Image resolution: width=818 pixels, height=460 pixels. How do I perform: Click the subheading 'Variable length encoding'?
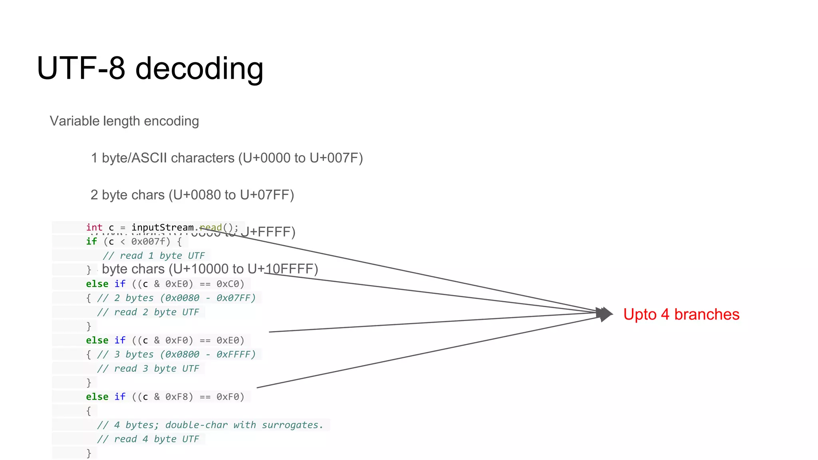click(x=124, y=121)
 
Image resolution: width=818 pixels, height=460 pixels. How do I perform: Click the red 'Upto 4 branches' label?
click(x=681, y=315)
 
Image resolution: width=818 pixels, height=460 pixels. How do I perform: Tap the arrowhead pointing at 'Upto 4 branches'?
click(x=606, y=314)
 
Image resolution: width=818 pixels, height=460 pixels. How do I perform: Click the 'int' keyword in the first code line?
click(x=94, y=228)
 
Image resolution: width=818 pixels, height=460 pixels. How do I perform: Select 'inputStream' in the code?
click(x=163, y=228)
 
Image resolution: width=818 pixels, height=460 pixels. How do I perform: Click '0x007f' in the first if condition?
click(x=148, y=242)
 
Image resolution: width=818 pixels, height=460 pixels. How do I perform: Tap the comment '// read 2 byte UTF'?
click(x=148, y=312)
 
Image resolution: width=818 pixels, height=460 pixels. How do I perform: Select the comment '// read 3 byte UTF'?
click(x=148, y=369)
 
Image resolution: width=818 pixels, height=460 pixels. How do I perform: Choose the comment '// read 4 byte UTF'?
click(x=148, y=439)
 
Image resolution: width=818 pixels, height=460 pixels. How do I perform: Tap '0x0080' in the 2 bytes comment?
click(x=182, y=298)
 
